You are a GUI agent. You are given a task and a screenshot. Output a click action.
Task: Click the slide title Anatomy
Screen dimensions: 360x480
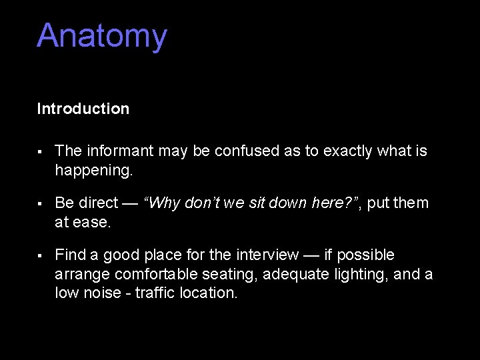101,36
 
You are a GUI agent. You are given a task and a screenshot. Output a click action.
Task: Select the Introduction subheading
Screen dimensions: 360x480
83,109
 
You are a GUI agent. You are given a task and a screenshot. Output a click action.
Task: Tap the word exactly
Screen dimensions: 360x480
347,152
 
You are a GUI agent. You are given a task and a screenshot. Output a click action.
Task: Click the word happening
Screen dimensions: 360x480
94,171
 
